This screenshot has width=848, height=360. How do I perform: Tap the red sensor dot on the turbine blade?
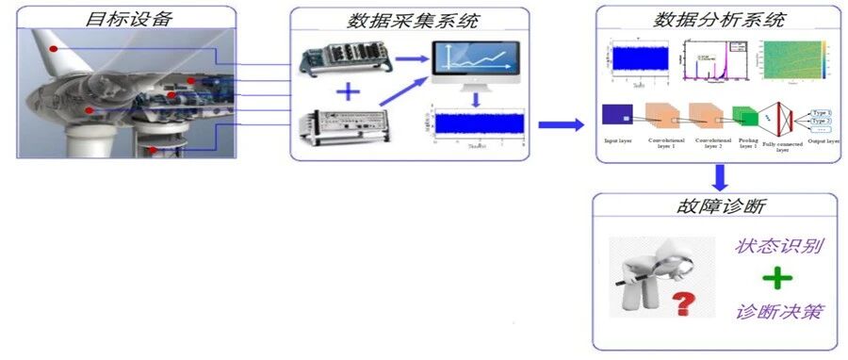click(x=55, y=49)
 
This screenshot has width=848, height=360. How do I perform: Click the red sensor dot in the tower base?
click(x=152, y=149)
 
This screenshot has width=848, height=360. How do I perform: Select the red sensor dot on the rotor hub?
click(x=90, y=110)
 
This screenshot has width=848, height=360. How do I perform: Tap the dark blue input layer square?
click(x=615, y=115)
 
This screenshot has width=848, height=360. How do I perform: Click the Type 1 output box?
click(x=822, y=112)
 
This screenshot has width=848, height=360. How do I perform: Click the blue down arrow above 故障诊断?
click(x=720, y=176)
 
